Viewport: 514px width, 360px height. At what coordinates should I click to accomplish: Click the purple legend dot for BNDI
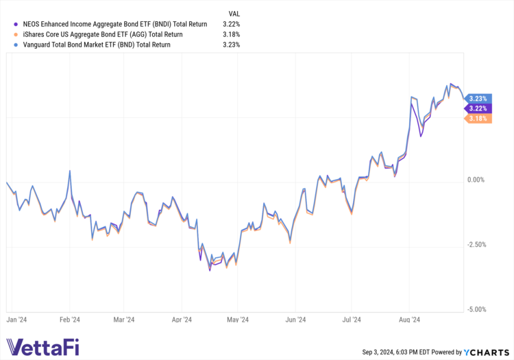(15, 23)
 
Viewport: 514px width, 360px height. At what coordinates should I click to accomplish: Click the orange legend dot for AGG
(15, 34)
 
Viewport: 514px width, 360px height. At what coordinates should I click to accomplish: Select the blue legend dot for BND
(15, 45)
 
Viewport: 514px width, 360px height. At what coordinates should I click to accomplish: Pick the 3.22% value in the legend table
(231, 23)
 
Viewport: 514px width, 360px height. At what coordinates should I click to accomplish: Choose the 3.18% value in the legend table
(231, 34)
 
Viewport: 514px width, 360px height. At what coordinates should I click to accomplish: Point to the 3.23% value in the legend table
(231, 45)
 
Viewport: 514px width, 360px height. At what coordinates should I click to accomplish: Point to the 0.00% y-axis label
(476, 180)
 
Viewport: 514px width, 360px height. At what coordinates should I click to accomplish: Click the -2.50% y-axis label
(475, 245)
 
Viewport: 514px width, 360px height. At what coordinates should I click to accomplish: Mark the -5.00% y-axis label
(475, 309)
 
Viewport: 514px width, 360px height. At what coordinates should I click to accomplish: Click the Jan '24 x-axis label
(16, 319)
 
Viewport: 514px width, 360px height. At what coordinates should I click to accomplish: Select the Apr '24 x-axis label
(182, 319)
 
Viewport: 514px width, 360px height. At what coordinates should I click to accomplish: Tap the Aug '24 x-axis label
(410, 319)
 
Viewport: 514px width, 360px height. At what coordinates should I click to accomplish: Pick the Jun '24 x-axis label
(295, 319)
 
